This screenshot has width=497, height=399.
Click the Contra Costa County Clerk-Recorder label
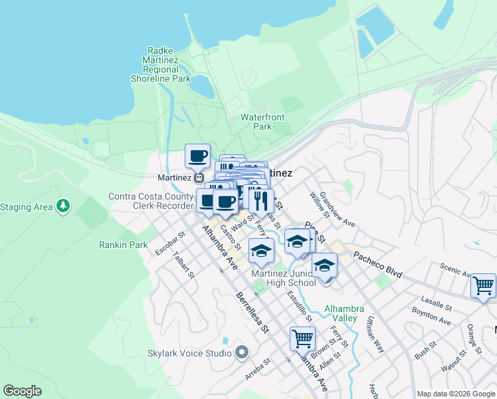pos(152,201)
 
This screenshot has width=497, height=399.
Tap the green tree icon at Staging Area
pos(63,206)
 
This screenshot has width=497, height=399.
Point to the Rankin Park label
pos(124,245)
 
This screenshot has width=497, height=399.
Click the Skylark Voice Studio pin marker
pos(241,351)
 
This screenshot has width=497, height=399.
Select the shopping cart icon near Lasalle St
pos(483,286)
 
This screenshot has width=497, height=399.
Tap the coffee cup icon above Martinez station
pos(197,156)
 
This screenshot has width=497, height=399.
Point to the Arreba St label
pos(257,370)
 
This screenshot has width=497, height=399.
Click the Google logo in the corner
pos(23,391)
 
